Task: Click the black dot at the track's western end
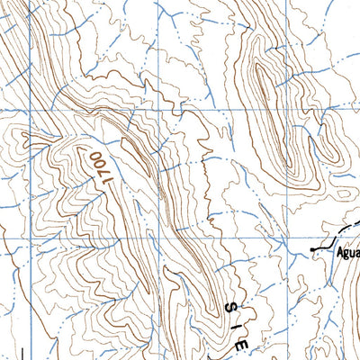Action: [x=312, y=247]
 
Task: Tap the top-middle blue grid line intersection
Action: [x=162, y=109]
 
